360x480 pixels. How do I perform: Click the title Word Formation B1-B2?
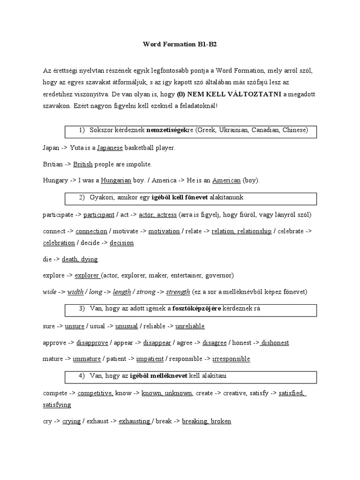[x=180, y=45]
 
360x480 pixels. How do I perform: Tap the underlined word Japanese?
[x=110, y=148]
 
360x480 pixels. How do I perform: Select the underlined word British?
[x=83, y=164]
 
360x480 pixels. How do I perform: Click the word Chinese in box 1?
[x=295, y=130]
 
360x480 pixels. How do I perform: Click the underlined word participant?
[x=99, y=215]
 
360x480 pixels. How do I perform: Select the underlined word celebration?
[x=59, y=243]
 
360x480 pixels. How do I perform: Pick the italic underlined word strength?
[x=178, y=292]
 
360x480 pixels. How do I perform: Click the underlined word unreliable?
[x=190, y=326]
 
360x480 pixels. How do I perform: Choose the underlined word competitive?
[x=95, y=393]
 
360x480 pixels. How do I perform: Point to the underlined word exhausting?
[x=135, y=421]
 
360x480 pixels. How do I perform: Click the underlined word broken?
[x=221, y=421]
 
